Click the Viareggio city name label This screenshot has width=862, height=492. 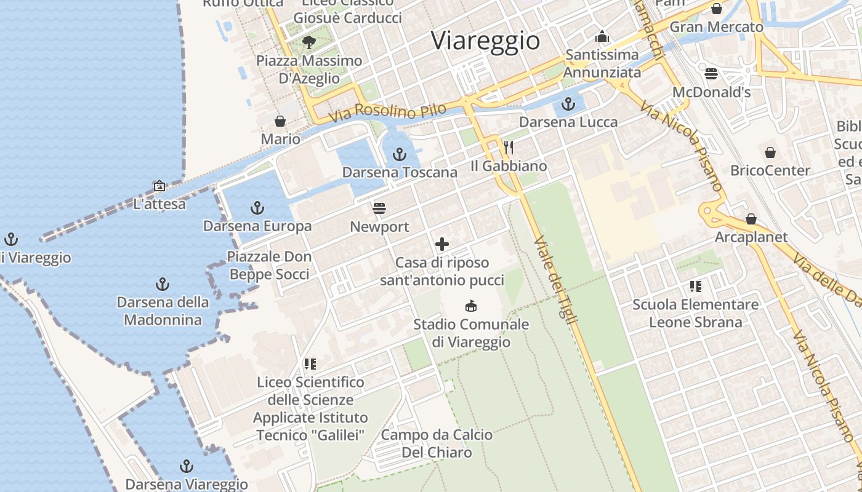click(x=485, y=41)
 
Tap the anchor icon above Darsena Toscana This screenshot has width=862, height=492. click(x=400, y=154)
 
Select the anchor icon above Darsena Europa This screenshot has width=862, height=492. click(x=257, y=208)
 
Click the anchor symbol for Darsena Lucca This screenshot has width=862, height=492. click(x=568, y=104)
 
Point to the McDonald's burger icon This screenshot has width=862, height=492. click(x=711, y=74)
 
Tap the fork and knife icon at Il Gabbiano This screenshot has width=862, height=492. click(x=509, y=148)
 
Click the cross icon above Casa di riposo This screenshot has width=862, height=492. click(x=442, y=244)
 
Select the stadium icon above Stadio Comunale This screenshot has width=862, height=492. click(x=471, y=306)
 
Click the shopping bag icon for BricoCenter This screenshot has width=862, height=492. click(x=770, y=152)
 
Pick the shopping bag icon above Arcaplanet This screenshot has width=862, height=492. click(x=751, y=219)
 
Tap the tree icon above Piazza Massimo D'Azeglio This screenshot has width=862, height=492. click(x=309, y=42)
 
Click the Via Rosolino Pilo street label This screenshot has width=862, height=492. click(x=387, y=112)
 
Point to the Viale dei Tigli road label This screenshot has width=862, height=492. click(x=550, y=277)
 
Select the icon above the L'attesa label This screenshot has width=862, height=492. click(x=159, y=185)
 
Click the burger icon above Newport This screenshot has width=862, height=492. click(x=379, y=208)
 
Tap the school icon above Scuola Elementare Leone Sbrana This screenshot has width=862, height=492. click(x=696, y=286)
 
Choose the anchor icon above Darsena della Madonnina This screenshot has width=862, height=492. click(x=163, y=284)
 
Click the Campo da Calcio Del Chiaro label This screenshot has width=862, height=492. click(x=437, y=443)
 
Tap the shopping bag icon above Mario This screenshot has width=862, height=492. click(x=280, y=121)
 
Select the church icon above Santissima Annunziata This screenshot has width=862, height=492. click(x=602, y=36)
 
